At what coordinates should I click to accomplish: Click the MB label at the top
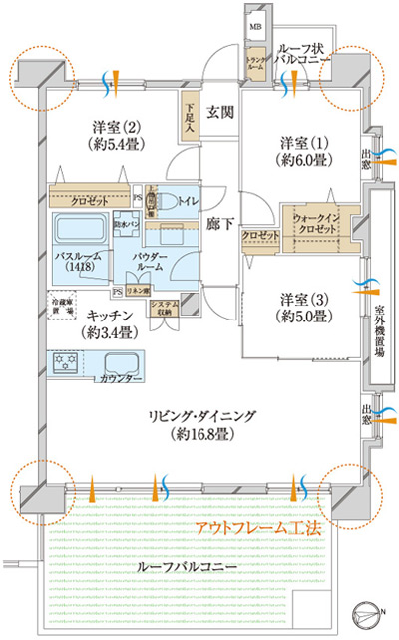coord(256,26)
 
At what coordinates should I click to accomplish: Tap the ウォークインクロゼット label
coord(313,226)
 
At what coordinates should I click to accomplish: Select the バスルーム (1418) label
coord(77,262)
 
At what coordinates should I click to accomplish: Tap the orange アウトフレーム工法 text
coord(257,529)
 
